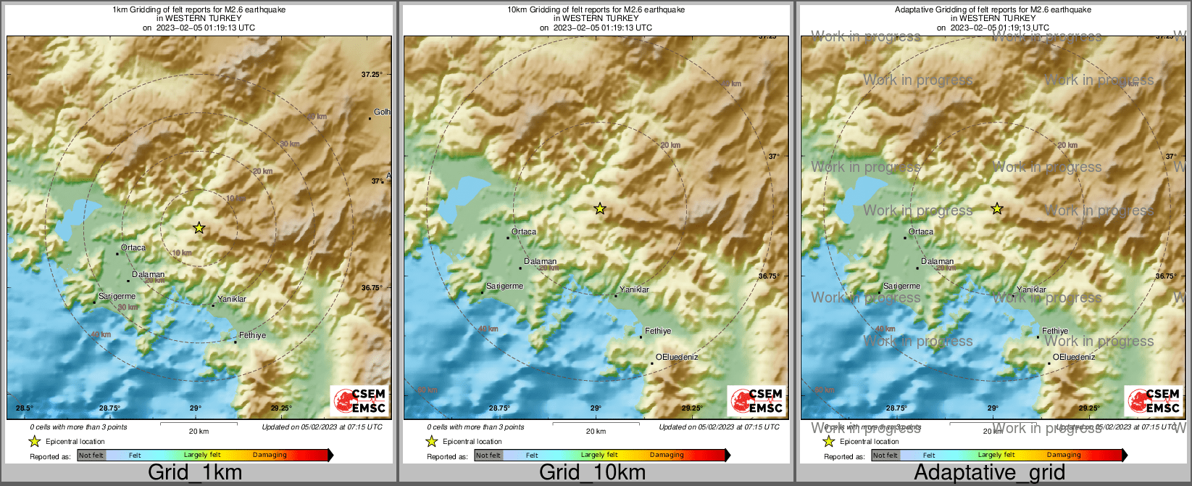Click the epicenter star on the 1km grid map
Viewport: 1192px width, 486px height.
pos(199,228)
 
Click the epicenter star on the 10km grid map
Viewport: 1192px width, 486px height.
pos(600,209)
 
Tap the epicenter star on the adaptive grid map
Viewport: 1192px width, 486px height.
pos(997,209)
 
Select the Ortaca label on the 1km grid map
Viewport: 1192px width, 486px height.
pos(133,248)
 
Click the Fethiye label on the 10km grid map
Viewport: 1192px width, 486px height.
pos(658,331)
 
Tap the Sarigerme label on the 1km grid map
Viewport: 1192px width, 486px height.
pos(117,297)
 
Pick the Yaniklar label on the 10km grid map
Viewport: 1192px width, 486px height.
pos(634,290)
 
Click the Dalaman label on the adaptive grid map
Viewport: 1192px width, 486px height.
pos(938,262)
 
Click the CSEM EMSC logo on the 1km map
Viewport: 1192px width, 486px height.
pos(359,400)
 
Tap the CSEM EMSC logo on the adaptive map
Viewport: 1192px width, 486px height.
pos(1154,400)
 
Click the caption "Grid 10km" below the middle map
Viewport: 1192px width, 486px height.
pos(592,473)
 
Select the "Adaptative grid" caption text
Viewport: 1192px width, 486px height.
pos(989,473)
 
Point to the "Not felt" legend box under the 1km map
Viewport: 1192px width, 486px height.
pos(91,456)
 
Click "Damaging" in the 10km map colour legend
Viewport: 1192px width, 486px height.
pos(667,456)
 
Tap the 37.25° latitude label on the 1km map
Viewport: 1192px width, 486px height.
pos(372,75)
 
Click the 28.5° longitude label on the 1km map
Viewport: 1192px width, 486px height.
pos(25,408)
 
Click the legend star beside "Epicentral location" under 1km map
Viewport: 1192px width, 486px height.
pos(34,441)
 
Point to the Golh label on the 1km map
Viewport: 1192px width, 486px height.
pos(382,112)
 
